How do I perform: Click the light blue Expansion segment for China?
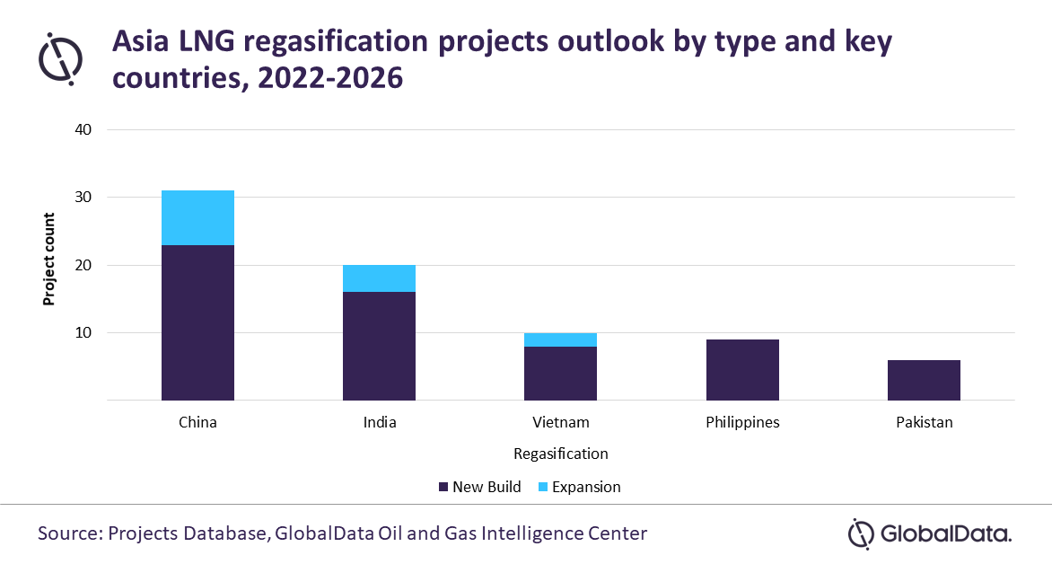[197, 217]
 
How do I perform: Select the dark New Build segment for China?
[197, 322]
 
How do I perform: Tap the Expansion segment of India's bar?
[379, 278]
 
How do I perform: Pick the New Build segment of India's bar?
[379, 346]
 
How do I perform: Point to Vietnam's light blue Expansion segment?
[560, 339]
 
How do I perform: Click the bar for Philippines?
[742, 369]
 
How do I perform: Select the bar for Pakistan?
[924, 380]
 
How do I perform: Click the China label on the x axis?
[197, 422]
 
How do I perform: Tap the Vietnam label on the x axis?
[560, 422]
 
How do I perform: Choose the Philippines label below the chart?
[742, 422]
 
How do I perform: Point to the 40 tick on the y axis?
[83, 129]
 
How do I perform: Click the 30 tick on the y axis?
[83, 198]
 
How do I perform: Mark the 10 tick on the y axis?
[83, 333]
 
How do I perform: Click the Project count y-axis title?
[49, 260]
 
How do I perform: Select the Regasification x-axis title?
[560, 454]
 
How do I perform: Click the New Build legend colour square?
[443, 487]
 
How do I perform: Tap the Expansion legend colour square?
[542, 487]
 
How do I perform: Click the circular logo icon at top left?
[60, 57]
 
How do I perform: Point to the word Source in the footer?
[68, 533]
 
